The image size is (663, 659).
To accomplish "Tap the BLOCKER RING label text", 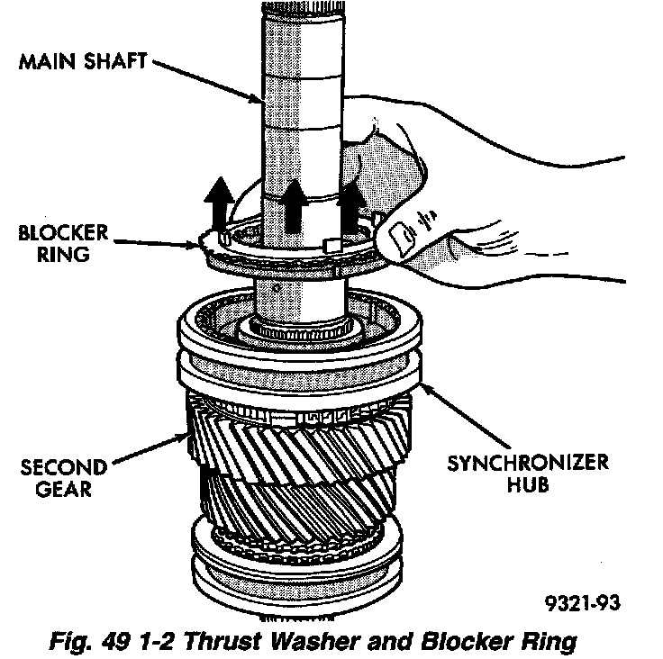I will point(63,243).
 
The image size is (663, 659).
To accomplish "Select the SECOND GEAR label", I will point(64,478).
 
